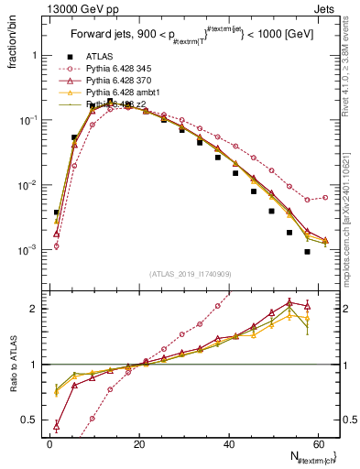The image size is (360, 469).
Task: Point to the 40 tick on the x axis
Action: pyautogui.click(x=228, y=443)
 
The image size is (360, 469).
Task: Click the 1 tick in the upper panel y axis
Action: pyautogui.click(x=31, y=55)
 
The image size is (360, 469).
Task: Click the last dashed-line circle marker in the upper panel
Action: pyautogui.click(x=325, y=197)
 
